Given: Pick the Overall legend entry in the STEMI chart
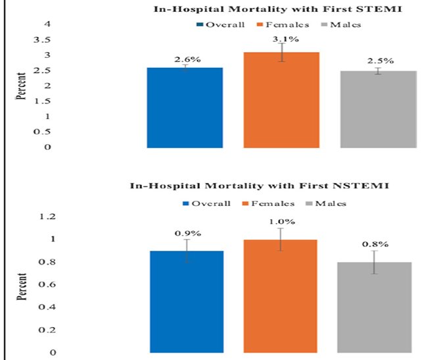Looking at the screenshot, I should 221,25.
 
